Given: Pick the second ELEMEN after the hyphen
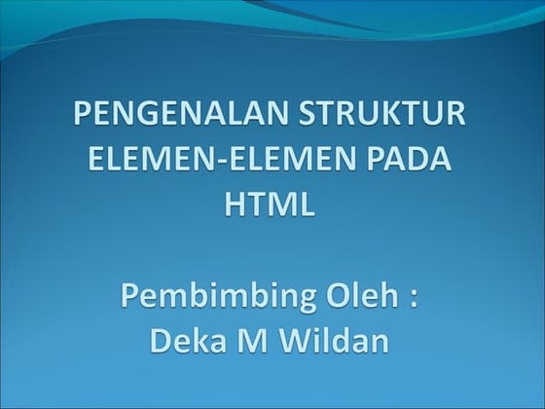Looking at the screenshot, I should tap(291, 163).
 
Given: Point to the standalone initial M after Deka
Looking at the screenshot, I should tap(255, 342).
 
